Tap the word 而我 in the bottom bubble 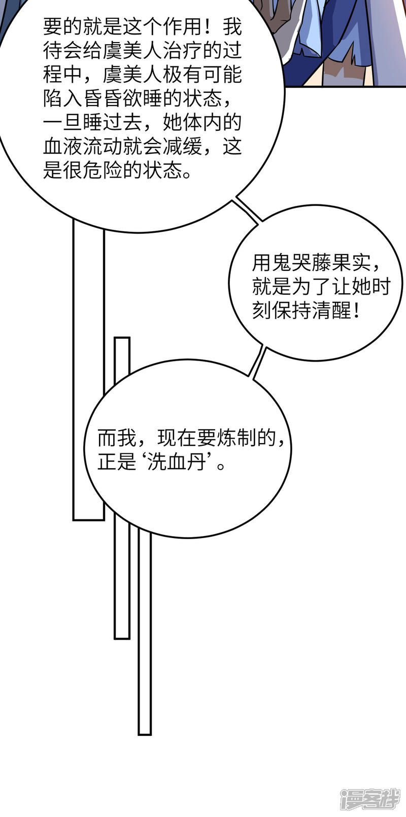click(x=117, y=438)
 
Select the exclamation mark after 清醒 click(x=357, y=310)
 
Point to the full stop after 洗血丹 click(x=220, y=467)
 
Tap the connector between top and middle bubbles click(x=248, y=210)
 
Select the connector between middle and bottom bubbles click(x=258, y=362)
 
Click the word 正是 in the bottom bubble click(x=117, y=463)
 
